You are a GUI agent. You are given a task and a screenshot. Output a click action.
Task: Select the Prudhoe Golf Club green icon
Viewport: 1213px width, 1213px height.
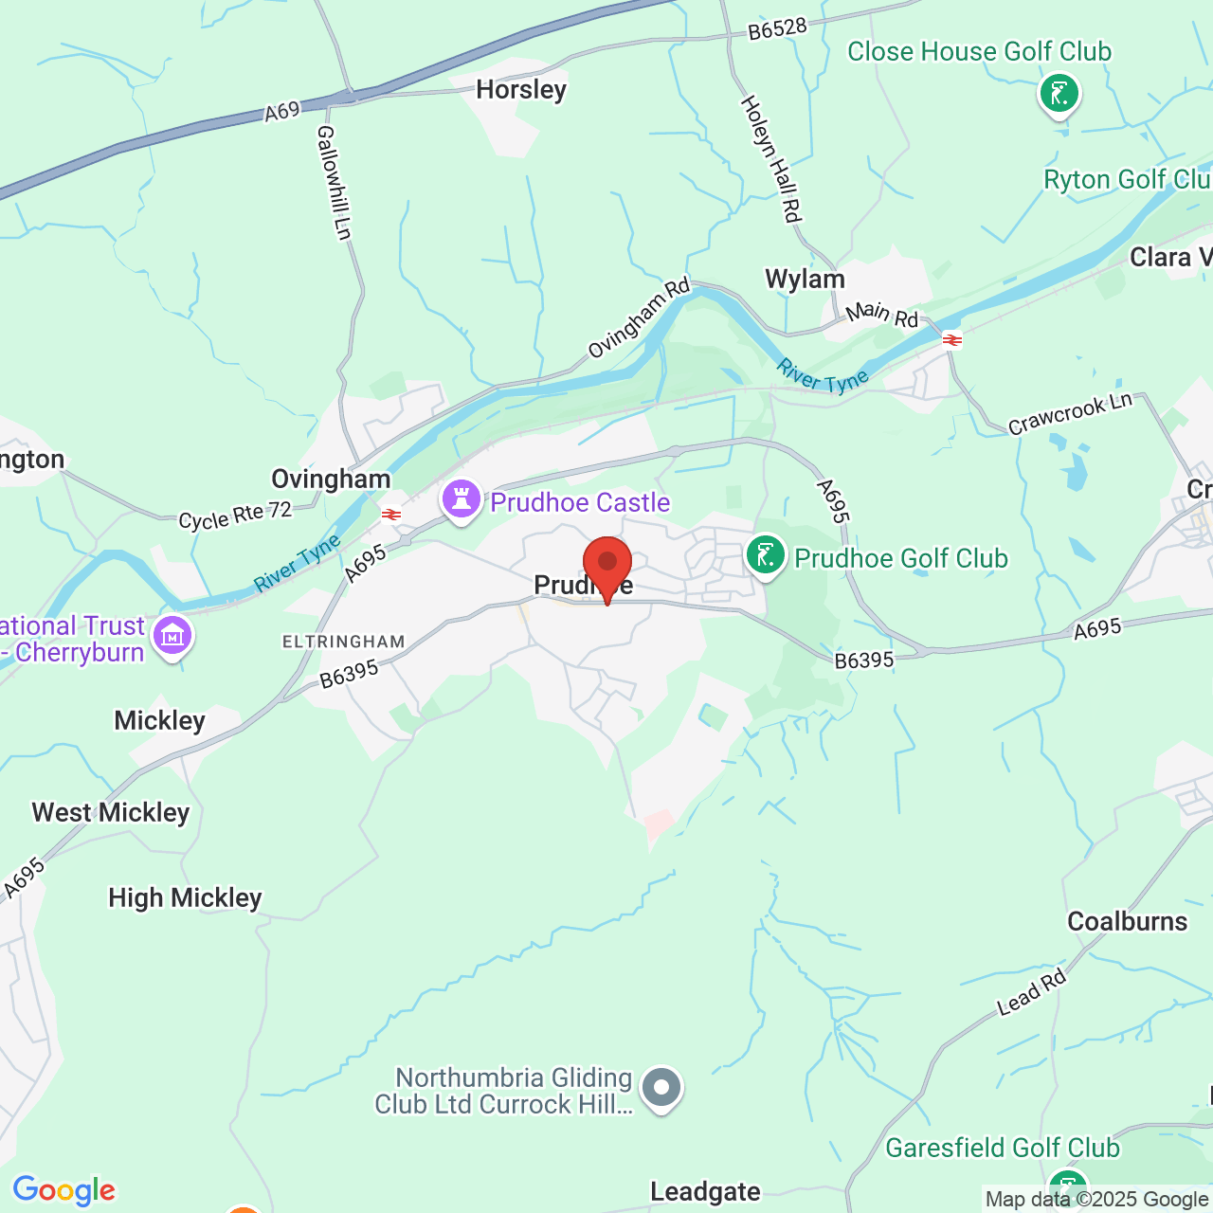click(766, 555)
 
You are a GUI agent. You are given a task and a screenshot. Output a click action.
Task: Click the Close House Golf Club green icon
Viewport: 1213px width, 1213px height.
click(1059, 94)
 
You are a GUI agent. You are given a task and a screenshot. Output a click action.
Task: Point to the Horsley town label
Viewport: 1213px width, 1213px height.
click(521, 90)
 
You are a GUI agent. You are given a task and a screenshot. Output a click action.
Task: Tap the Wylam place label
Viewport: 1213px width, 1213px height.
click(805, 280)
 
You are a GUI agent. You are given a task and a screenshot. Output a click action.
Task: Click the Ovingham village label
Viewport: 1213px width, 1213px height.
click(331, 480)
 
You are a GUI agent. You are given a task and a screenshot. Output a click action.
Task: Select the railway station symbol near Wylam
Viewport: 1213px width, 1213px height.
click(952, 339)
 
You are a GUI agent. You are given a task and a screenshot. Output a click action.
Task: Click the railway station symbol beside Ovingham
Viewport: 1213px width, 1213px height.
click(390, 515)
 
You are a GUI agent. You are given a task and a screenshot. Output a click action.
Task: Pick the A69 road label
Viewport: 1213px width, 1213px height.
click(281, 112)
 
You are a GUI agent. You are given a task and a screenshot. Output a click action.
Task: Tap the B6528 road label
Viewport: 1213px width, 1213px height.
click(777, 29)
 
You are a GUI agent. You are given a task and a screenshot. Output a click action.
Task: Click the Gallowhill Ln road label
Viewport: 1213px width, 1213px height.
click(334, 182)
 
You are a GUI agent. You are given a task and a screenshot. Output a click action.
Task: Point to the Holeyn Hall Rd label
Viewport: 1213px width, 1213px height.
click(770, 158)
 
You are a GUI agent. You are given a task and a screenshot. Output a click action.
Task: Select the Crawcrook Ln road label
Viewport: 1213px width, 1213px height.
click(1070, 414)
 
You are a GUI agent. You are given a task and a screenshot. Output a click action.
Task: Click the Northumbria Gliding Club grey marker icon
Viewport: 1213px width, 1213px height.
click(661, 1088)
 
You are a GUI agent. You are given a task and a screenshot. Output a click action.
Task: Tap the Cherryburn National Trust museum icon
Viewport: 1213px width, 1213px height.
click(172, 637)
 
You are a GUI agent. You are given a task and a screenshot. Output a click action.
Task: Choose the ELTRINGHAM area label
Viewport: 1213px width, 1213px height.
click(343, 643)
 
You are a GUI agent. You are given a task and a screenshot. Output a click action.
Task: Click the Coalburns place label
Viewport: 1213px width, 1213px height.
click(1127, 922)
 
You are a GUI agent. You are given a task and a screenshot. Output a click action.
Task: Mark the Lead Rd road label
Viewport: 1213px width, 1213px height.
click(1031, 994)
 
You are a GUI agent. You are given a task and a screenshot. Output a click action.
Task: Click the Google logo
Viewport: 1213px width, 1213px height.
click(63, 1190)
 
